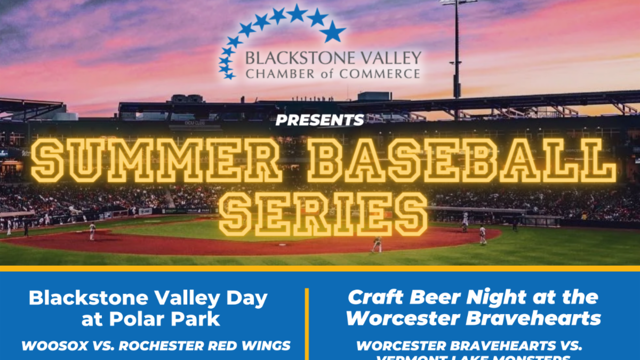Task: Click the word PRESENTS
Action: pyautogui.click(x=319, y=121)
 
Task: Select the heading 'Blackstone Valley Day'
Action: pyautogui.click(x=148, y=299)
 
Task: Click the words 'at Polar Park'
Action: pyautogui.click(x=151, y=319)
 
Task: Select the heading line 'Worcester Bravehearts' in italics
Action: pyautogui.click(x=474, y=318)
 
